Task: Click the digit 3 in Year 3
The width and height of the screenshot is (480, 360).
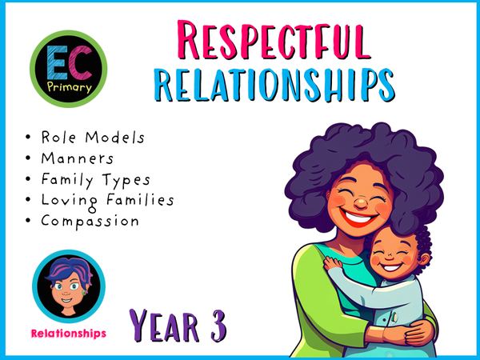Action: pyautogui.click(x=215, y=324)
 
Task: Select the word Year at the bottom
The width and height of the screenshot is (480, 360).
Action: pyautogui.click(x=164, y=324)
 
